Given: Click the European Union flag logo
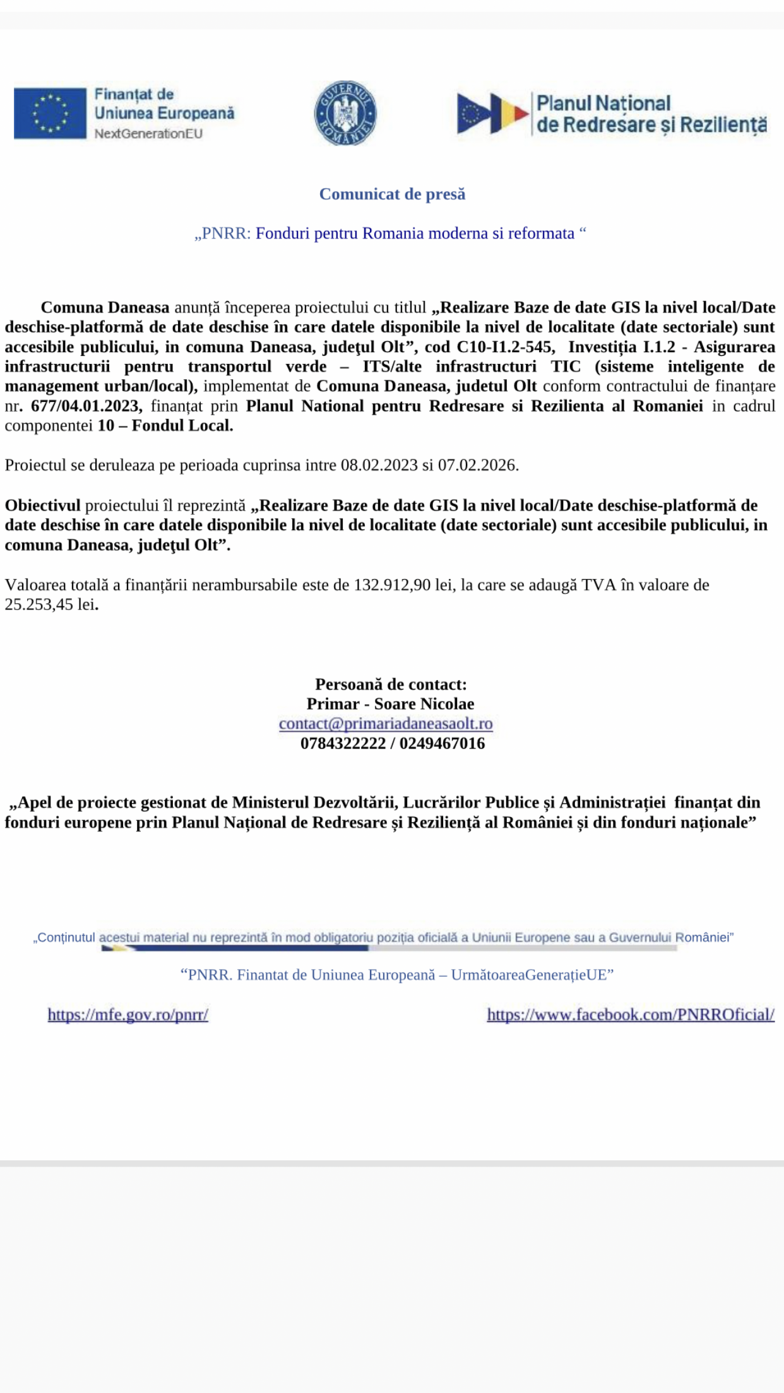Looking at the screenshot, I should (x=50, y=113).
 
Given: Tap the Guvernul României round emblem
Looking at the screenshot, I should (x=345, y=114).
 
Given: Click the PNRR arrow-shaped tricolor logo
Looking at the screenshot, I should (x=493, y=114).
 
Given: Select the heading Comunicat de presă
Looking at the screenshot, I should (x=392, y=194).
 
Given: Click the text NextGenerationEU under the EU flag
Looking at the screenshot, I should (x=148, y=134).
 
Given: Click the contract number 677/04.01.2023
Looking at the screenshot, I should (x=86, y=406).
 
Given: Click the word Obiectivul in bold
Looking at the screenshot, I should (x=43, y=505).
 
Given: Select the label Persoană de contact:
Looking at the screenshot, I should (x=391, y=684).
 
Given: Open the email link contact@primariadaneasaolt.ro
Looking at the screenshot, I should (x=386, y=723).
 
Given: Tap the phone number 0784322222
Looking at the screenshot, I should (x=343, y=743).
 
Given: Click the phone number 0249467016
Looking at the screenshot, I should (x=442, y=743).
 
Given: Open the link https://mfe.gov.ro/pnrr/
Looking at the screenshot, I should (x=128, y=1014).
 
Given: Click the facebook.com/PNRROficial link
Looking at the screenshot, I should (x=630, y=1014).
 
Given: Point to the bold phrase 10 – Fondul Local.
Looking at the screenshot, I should (x=165, y=425).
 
